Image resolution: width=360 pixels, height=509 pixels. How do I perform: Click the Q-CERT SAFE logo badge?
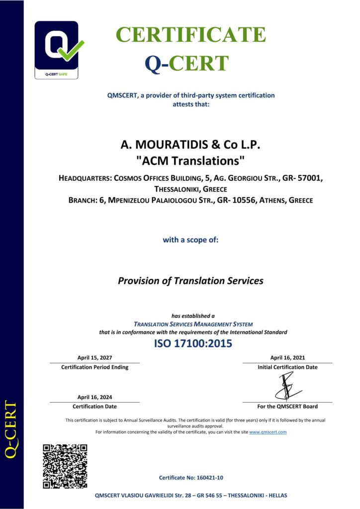tap(56, 50)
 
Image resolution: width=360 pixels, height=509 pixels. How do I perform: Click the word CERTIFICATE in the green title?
tap(191, 35)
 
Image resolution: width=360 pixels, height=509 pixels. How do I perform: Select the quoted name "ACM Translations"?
tap(191, 161)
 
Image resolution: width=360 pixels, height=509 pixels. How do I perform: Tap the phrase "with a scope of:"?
tap(191, 240)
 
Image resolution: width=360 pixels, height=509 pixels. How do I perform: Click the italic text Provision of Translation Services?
tap(190, 281)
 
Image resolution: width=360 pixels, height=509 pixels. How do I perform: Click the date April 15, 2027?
tap(94, 357)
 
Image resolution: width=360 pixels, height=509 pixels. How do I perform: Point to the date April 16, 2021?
tap(287, 357)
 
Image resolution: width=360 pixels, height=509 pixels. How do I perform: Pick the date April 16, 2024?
tap(94, 397)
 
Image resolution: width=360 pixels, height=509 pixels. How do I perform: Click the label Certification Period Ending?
tap(94, 367)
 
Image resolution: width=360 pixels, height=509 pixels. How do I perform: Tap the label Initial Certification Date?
tap(287, 367)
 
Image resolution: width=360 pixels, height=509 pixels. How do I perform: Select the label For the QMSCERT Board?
tap(287, 407)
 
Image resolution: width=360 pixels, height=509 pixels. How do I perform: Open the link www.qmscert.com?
tap(268, 432)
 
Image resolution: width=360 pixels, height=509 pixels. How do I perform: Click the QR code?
tap(65, 466)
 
